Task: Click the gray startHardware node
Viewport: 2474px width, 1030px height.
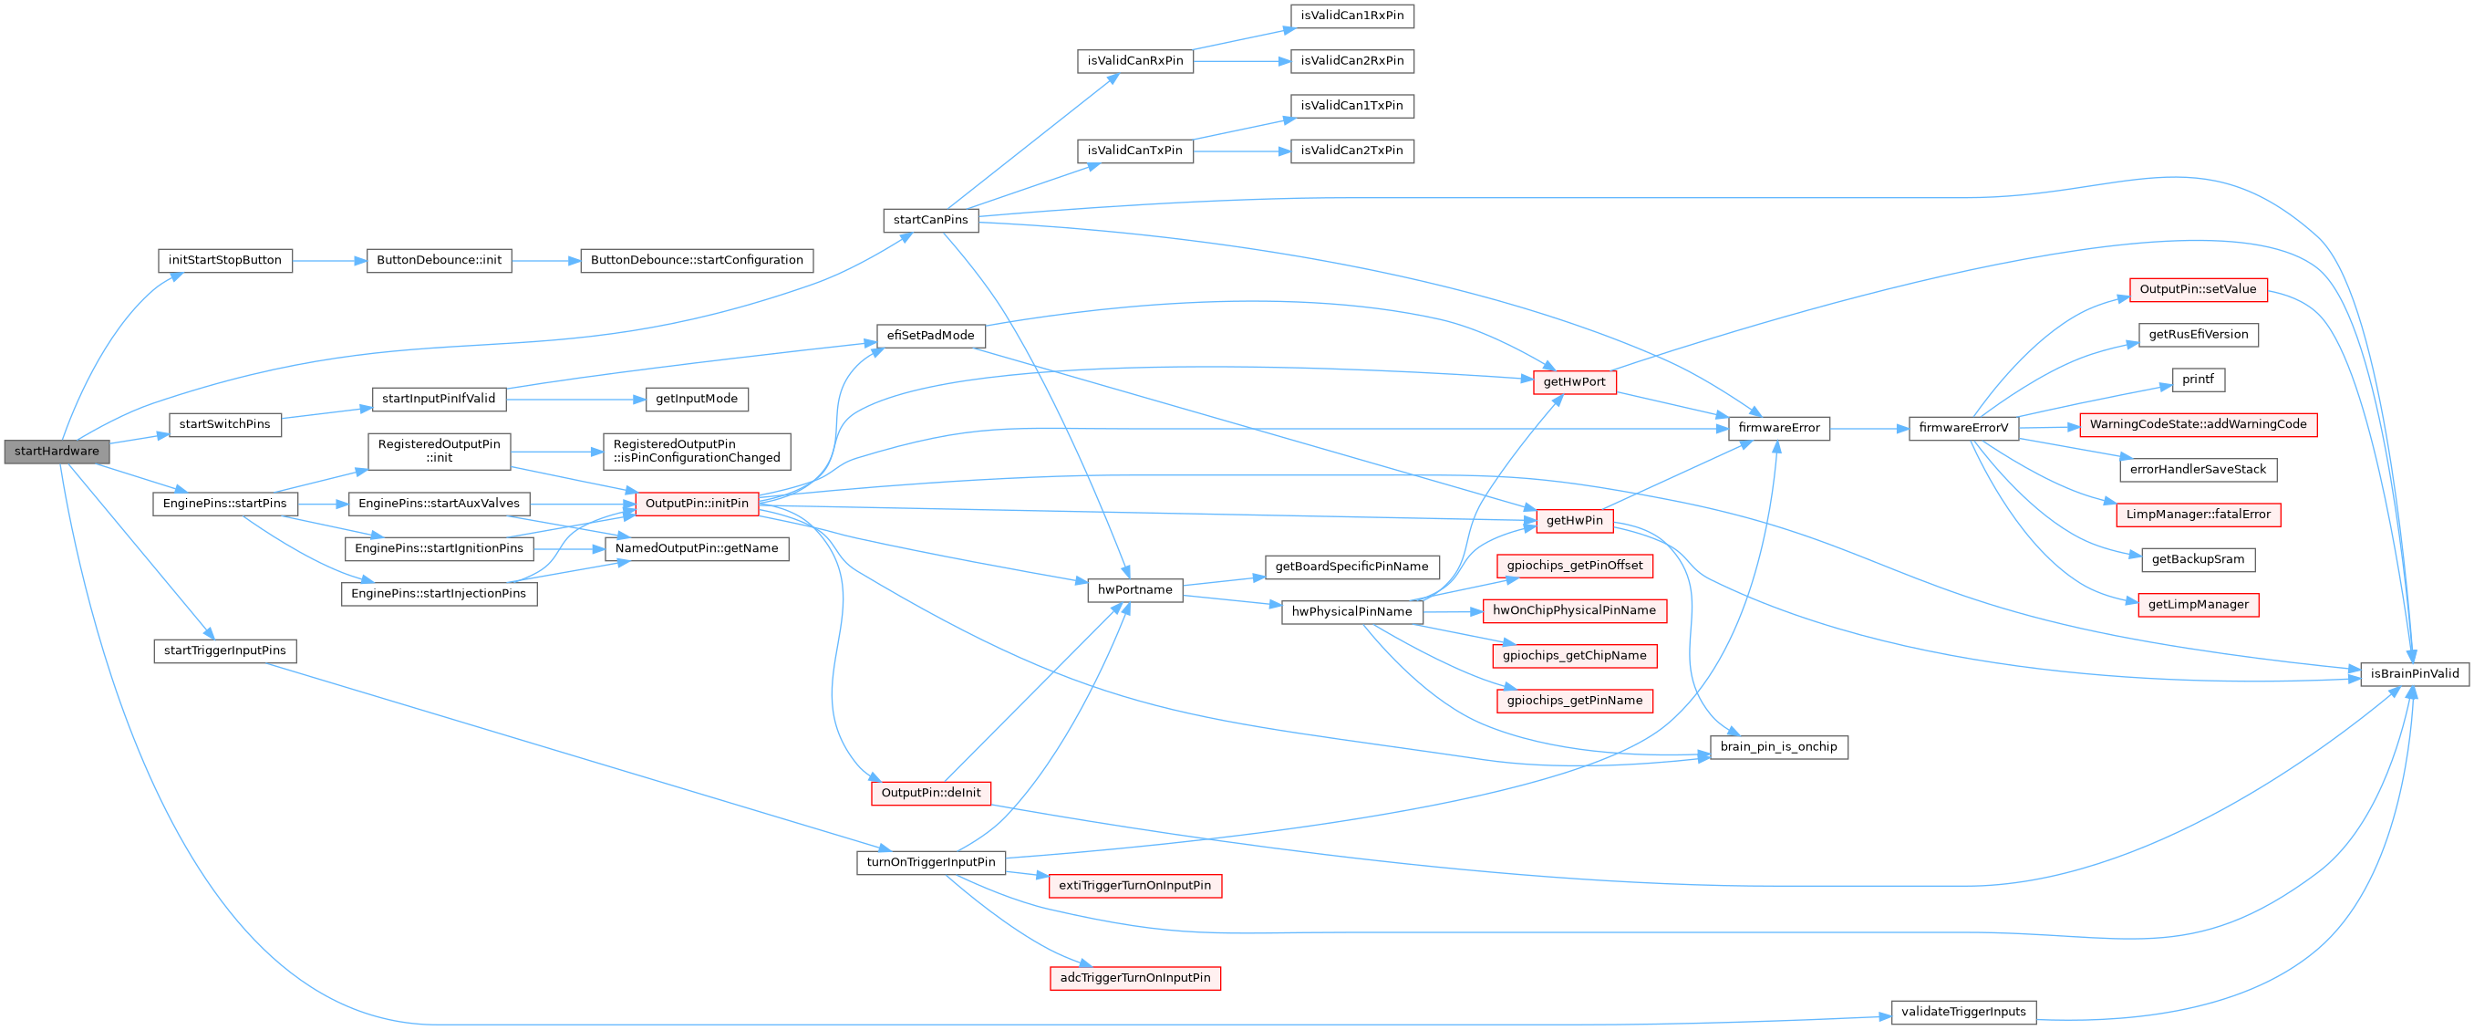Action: (x=57, y=452)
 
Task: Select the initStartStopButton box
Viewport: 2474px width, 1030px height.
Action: (x=224, y=260)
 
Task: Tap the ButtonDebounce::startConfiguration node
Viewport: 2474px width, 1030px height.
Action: (x=697, y=260)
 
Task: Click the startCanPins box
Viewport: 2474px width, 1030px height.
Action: (x=929, y=220)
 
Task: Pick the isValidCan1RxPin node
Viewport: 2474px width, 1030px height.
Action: (x=1351, y=16)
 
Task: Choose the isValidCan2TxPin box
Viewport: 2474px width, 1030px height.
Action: (x=1351, y=151)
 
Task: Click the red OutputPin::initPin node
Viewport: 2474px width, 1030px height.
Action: (x=697, y=504)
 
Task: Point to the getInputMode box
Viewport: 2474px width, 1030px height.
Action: (x=697, y=399)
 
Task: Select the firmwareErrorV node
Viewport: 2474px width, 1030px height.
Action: (x=1963, y=428)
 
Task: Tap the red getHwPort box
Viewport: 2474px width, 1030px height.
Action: (x=1574, y=382)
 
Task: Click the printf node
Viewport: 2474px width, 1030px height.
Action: (x=2198, y=380)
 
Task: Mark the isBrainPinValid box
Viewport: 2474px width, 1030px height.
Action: (x=2414, y=673)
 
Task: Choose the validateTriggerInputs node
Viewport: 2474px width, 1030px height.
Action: (x=1963, y=1012)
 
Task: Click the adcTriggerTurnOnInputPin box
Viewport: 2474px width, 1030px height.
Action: (x=1134, y=978)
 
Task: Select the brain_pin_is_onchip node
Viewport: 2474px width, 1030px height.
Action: (x=1777, y=746)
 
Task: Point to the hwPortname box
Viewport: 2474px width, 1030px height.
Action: (x=1134, y=590)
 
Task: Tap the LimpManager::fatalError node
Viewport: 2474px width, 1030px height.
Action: (x=2198, y=515)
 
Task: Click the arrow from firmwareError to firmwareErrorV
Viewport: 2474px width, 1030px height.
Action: (x=1868, y=429)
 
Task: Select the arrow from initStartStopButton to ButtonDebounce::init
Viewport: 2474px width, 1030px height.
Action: (x=329, y=260)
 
